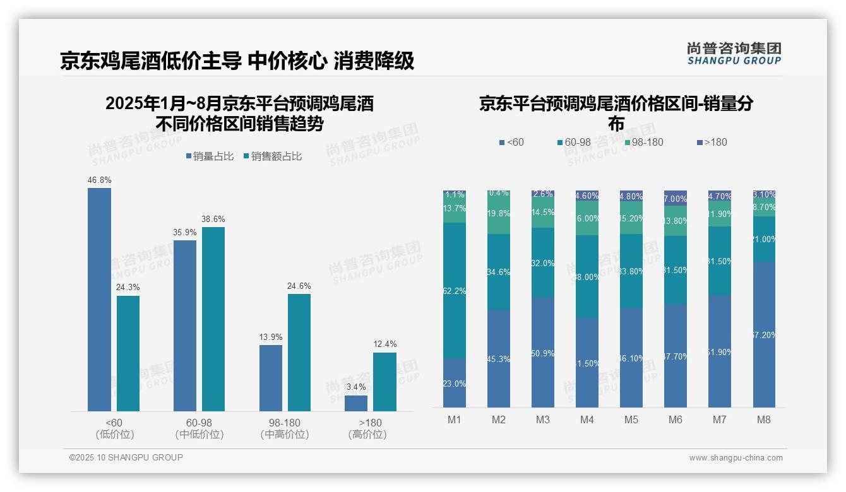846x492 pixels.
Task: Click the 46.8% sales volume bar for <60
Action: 99,300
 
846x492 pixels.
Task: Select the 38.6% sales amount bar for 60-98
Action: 213,319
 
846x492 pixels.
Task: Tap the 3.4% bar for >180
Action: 356,404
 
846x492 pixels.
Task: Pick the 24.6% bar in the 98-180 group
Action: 299,353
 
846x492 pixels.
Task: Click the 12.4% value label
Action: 385,344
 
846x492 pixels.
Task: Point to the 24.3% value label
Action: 128,288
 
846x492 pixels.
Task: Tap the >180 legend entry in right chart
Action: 712,143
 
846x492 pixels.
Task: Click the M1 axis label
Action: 455,420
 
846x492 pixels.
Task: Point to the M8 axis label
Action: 764,420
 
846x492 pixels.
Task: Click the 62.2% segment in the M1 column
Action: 455,291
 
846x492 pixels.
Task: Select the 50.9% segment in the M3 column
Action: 543,353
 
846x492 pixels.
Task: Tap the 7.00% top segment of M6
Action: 676,198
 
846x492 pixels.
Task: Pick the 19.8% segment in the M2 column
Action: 499,213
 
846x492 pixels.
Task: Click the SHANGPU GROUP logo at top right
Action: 734,54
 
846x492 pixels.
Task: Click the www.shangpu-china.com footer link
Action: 736,458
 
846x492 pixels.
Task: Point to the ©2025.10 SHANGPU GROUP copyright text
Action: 126,457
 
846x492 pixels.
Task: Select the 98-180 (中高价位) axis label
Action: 284,428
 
